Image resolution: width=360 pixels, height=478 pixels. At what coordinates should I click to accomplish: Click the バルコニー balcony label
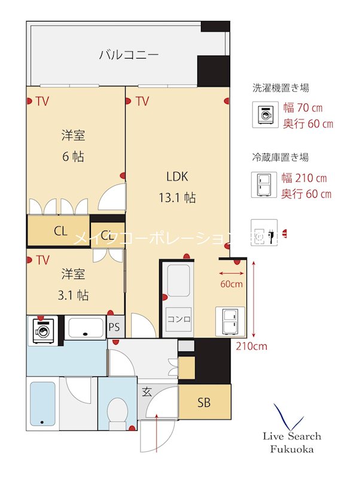pos(129,56)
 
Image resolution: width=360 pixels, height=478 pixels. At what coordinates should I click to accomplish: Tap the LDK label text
pos(178,176)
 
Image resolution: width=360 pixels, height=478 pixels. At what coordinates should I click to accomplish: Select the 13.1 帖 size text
pos(178,198)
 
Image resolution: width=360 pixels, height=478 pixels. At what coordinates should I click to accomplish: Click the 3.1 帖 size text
pos(75,295)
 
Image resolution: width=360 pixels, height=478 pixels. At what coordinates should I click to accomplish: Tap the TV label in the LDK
pos(142,102)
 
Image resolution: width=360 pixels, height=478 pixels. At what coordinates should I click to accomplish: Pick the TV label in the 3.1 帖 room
pos(42,261)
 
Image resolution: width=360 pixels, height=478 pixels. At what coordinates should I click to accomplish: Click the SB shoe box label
pos(204,403)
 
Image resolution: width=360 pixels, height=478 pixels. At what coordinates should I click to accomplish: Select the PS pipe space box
pos(115,327)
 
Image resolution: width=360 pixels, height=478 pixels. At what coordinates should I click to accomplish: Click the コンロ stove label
pos(178,319)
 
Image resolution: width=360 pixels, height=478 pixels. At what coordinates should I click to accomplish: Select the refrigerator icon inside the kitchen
pos(230,321)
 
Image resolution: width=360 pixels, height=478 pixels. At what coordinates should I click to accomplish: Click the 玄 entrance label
pos(147,393)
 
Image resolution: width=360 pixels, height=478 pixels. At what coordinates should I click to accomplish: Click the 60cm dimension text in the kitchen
pos(231,284)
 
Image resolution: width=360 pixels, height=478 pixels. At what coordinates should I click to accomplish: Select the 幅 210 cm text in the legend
pos(305,178)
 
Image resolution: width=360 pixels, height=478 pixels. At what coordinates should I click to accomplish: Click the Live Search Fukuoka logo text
pos(292,443)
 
